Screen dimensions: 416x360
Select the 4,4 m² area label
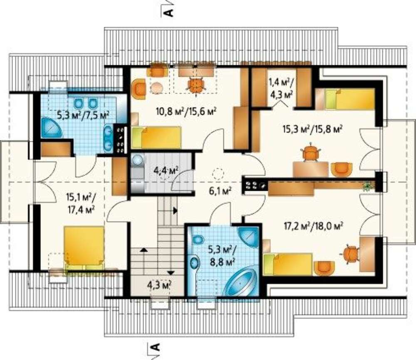pos(166,170)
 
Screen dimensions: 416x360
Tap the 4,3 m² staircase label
pos(159,285)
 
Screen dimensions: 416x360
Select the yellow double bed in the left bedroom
pos(84,247)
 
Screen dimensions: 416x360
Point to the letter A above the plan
pos(169,12)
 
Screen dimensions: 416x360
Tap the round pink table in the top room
pos(157,87)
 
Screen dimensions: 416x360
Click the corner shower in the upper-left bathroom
pos(51,128)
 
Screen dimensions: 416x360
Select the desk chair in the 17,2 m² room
pos(350,254)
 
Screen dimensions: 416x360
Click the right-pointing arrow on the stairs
pos(175,211)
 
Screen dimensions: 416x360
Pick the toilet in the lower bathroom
pos(197,240)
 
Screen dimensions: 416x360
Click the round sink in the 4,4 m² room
pos(137,160)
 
